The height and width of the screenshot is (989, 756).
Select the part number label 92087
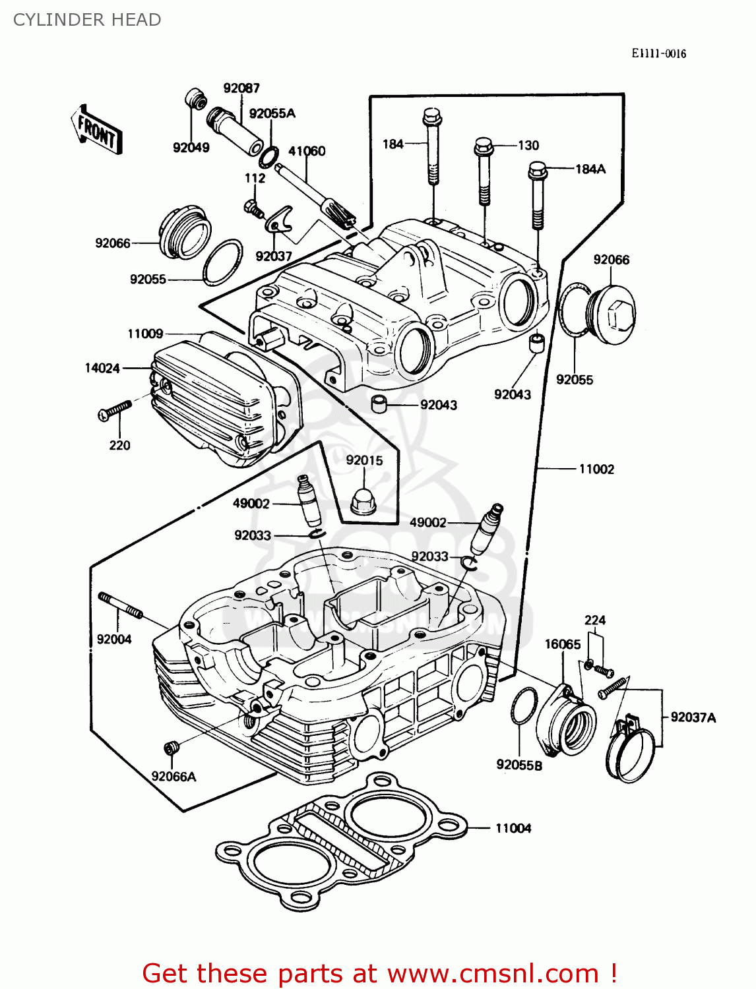click(x=241, y=88)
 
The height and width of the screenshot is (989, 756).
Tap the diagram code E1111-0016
click(x=658, y=53)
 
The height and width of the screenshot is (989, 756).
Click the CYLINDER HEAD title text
click(x=87, y=20)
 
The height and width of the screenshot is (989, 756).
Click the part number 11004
click(x=513, y=828)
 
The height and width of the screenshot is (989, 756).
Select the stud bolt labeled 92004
click(x=120, y=605)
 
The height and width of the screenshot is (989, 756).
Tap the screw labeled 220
click(x=115, y=410)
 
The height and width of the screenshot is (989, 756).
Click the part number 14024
click(x=102, y=368)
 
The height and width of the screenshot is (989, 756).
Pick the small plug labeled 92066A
click(x=172, y=748)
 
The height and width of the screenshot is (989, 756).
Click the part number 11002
click(x=596, y=469)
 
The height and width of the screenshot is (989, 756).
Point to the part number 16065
click(x=563, y=644)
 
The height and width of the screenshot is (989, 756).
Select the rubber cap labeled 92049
click(x=195, y=98)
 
